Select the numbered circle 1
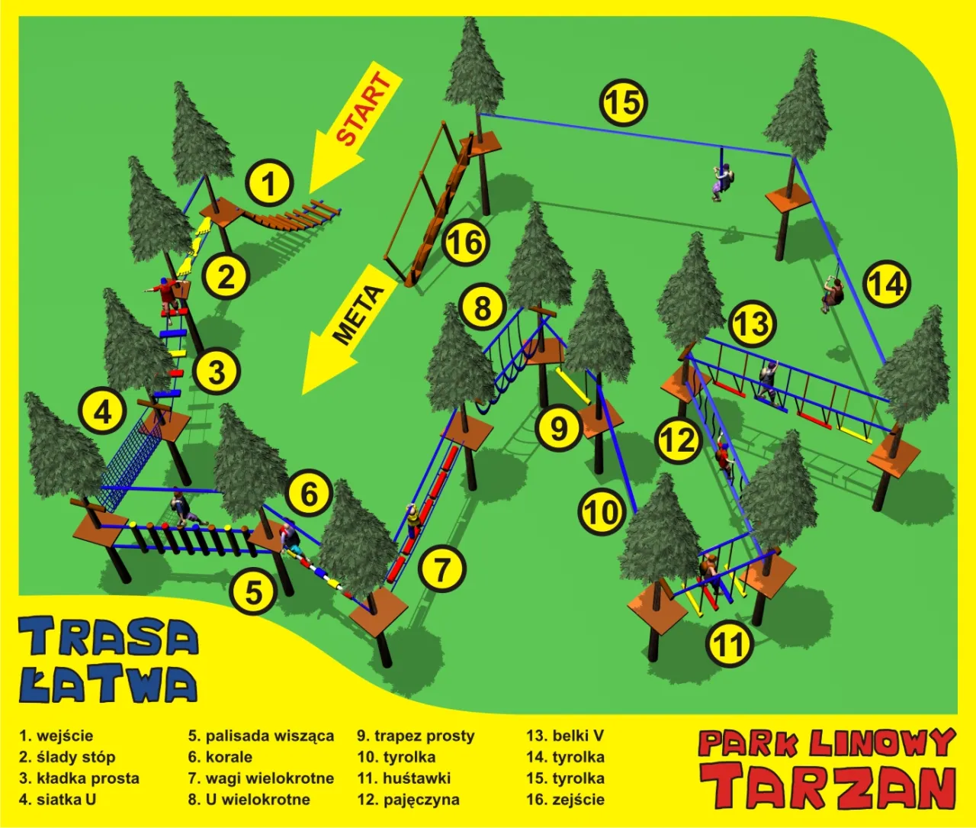268,183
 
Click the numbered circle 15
624,102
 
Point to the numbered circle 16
465,243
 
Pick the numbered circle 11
730,645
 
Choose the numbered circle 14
887,284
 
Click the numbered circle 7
441,569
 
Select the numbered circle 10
602,512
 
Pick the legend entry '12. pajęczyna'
408,800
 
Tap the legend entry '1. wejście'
56,736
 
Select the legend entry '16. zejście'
565,800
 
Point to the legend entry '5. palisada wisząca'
261,736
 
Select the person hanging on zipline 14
831,294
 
